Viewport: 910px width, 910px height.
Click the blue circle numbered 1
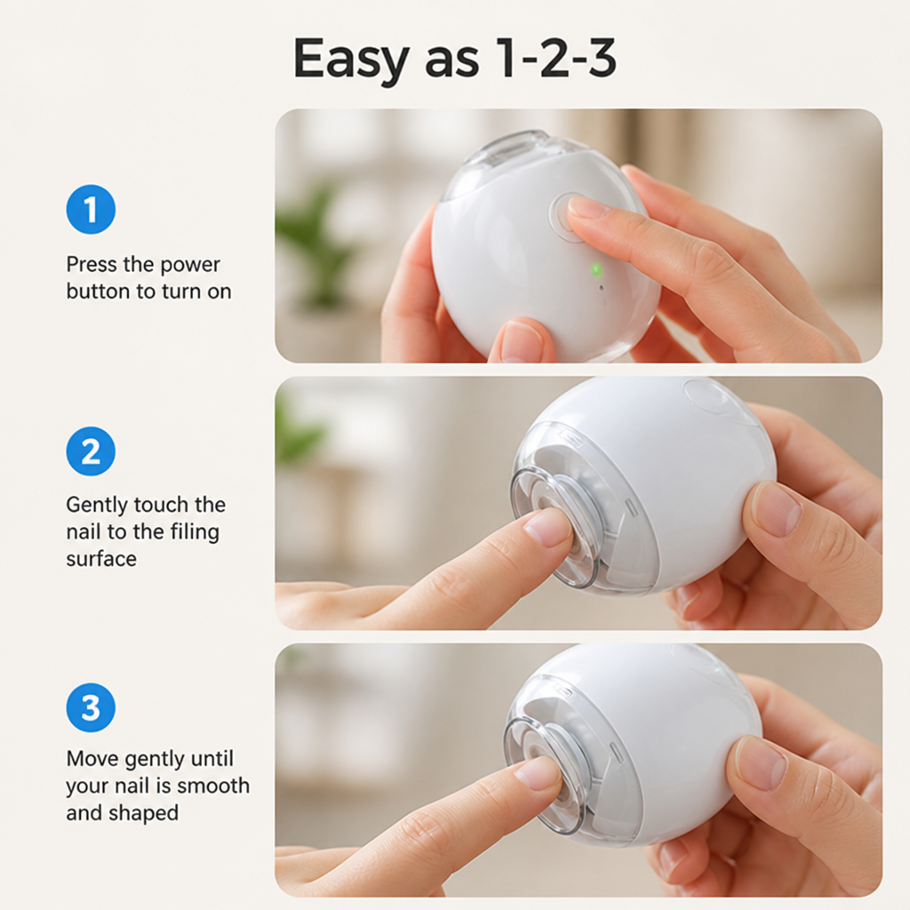pos(91,210)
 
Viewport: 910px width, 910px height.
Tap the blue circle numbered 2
pos(91,451)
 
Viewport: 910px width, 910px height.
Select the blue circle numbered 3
pos(91,707)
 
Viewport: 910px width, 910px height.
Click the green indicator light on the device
pos(596,270)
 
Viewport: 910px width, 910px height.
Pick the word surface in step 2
pos(101,559)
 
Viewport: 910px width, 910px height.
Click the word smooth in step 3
pos(213,786)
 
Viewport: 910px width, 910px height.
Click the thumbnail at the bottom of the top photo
pos(518,342)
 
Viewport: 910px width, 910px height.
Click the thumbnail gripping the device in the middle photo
pos(776,512)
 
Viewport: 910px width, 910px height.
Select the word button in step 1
pos(99,291)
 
